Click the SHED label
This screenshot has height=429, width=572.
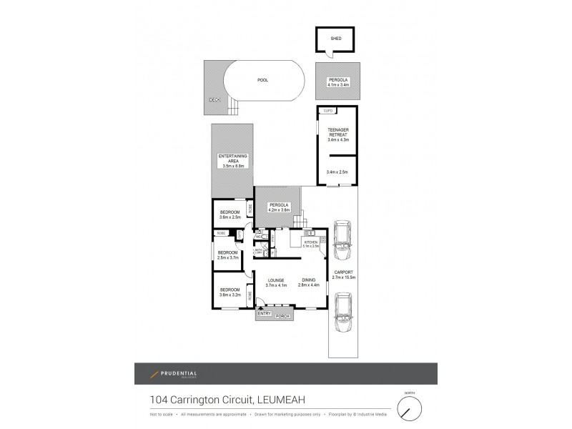pos(335,39)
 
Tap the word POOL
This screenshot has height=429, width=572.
pos(262,80)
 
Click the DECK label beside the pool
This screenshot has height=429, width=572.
pos(214,100)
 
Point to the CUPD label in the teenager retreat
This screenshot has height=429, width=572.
pos(328,111)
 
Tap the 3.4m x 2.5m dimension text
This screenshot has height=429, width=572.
pos(337,172)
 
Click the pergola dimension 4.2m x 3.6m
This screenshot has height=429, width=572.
pos(278,210)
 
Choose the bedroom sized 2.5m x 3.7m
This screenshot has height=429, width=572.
pos(227,255)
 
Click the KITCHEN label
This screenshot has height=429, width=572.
pos(310,243)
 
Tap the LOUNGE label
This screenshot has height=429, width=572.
pos(276,280)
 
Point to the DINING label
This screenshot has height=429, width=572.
pos(309,280)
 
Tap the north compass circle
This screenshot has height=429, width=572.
pos(410,409)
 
